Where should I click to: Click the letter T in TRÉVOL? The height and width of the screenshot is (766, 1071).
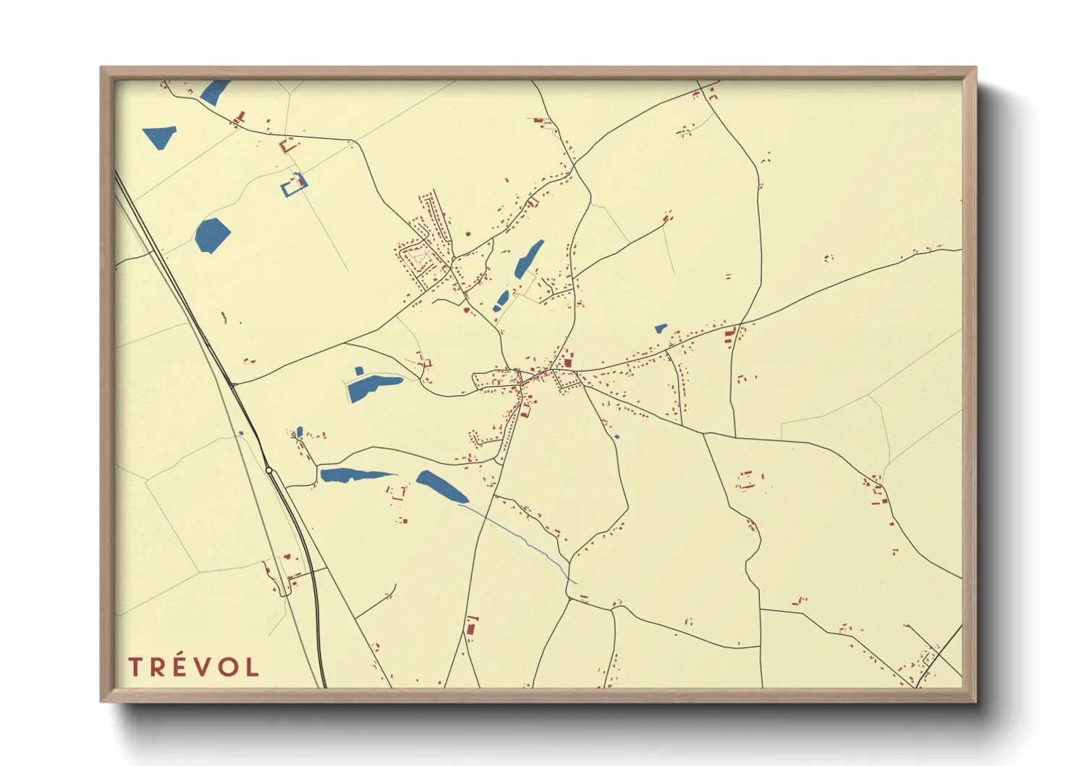tap(135, 667)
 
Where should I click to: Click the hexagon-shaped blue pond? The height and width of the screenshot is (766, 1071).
tap(212, 235)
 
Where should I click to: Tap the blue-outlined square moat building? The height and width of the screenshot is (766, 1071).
tap(294, 185)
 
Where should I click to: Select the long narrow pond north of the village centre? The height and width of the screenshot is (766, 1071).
tap(529, 259)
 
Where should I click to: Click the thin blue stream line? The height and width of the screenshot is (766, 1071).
tap(521, 539)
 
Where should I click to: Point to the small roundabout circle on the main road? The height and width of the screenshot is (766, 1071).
tap(268, 471)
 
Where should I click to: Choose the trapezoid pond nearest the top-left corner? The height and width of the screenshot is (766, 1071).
tap(160, 137)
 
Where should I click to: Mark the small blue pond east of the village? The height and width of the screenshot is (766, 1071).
tap(660, 329)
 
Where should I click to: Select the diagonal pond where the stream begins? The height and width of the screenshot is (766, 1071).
tap(442, 487)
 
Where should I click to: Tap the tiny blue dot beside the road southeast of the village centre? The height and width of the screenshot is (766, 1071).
tap(617, 437)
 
